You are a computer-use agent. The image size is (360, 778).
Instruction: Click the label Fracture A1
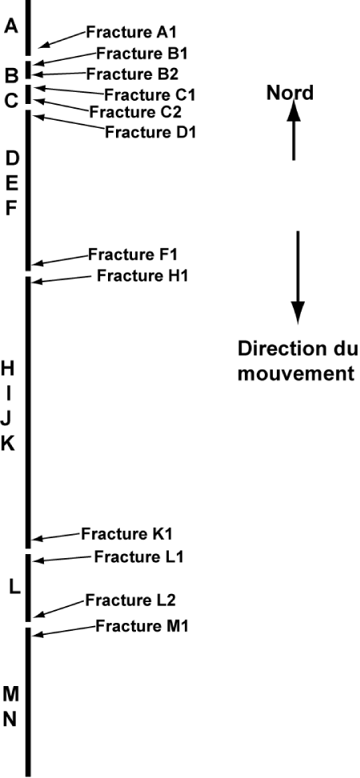pyautogui.click(x=131, y=32)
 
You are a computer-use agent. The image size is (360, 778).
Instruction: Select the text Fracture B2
pyautogui.click(x=132, y=74)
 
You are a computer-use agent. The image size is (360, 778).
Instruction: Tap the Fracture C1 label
pyautogui.click(x=150, y=94)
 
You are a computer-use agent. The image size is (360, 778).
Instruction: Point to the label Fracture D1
pyautogui.click(x=150, y=133)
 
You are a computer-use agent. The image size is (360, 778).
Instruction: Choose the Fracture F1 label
pyautogui.click(x=133, y=254)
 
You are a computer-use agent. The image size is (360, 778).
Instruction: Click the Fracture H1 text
pyautogui.click(x=142, y=275)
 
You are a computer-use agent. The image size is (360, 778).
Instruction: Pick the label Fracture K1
pyautogui.click(x=126, y=534)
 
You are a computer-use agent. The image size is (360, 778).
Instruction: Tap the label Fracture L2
pyautogui.click(x=130, y=600)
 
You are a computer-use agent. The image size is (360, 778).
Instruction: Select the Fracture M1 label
pyautogui.click(x=142, y=625)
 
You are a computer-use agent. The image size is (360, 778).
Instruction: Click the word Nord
pyautogui.click(x=290, y=93)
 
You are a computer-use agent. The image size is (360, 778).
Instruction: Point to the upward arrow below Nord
pyautogui.click(x=294, y=130)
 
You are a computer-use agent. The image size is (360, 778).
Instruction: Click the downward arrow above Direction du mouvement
pyautogui.click(x=297, y=278)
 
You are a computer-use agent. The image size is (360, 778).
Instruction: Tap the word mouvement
pyautogui.click(x=296, y=373)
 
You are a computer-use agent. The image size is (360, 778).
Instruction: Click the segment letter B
pyautogui.click(x=12, y=76)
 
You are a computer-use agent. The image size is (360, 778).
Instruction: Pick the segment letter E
pyautogui.click(x=12, y=184)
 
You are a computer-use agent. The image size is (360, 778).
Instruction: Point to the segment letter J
pyautogui.click(x=6, y=419)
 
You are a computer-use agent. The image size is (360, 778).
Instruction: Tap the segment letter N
pyautogui.click(x=11, y=719)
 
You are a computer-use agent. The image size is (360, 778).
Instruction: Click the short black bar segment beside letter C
pyautogui.click(x=28, y=94)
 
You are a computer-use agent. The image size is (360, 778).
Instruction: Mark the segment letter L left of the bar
pyautogui.click(x=15, y=588)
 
